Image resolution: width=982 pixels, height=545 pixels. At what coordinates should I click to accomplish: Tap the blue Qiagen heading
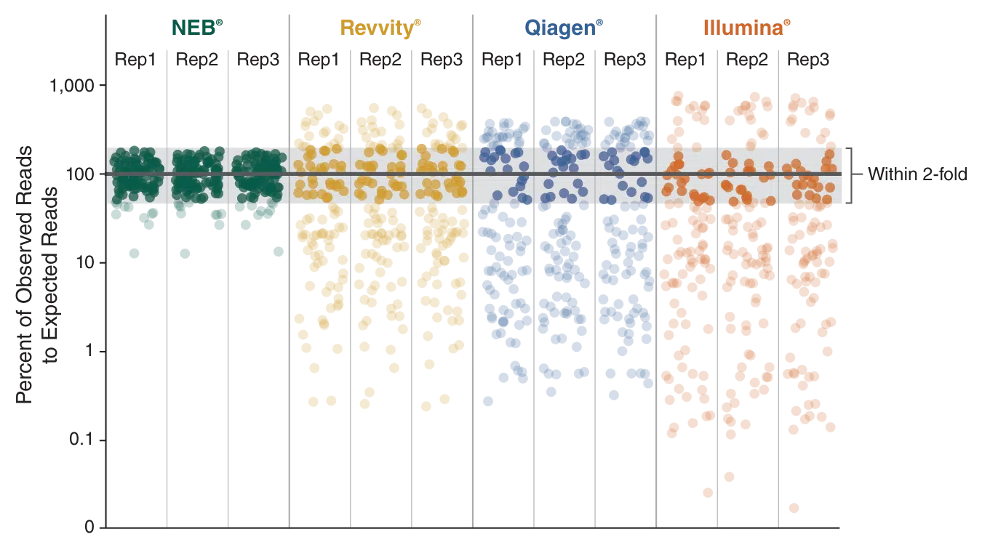pos(564,28)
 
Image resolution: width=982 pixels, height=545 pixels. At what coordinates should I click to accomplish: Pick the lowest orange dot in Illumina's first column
pos(708,492)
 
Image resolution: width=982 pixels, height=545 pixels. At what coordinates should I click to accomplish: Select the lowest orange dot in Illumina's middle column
pos(730,477)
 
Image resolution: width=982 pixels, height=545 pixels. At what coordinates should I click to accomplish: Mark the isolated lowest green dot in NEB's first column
pos(134,253)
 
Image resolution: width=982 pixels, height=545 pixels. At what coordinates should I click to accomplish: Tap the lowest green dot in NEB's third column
pos(279,251)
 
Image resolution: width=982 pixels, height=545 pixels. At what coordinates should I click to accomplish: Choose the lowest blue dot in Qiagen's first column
pos(488,400)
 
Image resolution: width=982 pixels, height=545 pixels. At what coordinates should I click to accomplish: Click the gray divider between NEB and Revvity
pos(290,269)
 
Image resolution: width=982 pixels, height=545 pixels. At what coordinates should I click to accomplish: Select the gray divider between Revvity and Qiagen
pos(473,269)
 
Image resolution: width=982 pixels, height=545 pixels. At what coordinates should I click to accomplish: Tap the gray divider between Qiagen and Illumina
pos(657,269)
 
